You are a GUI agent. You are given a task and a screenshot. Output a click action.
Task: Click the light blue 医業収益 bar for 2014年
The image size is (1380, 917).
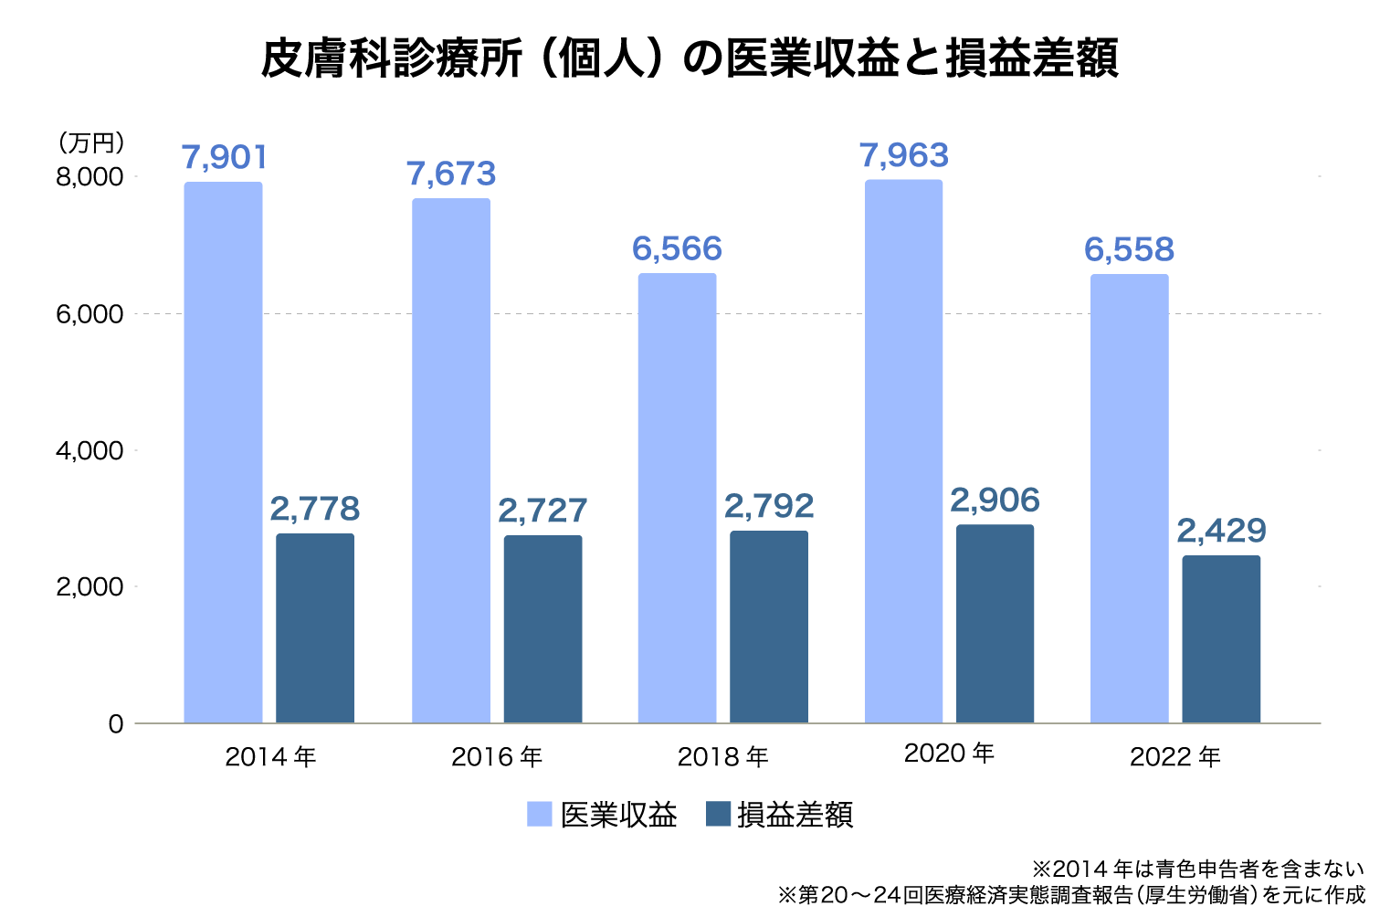(x=223, y=452)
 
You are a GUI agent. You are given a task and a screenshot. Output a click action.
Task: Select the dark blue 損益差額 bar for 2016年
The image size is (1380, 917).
(x=543, y=629)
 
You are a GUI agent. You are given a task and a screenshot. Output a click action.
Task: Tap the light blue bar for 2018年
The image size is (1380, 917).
(x=677, y=498)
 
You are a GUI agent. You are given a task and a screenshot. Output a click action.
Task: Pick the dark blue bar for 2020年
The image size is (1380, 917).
(x=995, y=624)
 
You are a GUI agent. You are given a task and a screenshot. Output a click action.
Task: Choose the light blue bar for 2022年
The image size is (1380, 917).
(x=1129, y=499)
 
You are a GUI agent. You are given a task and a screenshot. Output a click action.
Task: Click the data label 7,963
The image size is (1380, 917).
(x=904, y=156)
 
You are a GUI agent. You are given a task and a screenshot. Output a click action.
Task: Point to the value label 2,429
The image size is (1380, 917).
(x=1221, y=531)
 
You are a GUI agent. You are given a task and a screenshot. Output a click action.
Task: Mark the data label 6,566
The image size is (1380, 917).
(x=677, y=249)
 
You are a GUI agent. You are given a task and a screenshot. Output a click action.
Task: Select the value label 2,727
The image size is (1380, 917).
(x=543, y=511)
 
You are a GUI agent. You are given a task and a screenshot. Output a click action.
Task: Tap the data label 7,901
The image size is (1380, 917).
(x=225, y=158)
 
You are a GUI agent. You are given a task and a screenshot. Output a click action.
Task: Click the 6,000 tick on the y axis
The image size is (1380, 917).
(x=90, y=314)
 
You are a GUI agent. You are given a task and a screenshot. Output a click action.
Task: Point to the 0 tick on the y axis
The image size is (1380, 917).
(x=116, y=724)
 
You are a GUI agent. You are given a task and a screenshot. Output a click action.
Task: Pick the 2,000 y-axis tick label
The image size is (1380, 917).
(x=90, y=587)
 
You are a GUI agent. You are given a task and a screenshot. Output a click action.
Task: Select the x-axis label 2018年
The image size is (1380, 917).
(x=722, y=757)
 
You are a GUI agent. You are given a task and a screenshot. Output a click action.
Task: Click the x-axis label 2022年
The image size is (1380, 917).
(x=1175, y=757)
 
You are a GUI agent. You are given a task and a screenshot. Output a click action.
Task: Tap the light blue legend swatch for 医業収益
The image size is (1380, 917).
(x=540, y=814)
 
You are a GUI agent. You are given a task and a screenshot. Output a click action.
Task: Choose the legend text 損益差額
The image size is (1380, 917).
(x=795, y=815)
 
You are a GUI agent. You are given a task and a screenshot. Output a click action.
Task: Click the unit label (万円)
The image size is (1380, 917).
(x=91, y=143)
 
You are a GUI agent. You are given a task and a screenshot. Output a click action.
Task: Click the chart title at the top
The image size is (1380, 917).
(x=690, y=59)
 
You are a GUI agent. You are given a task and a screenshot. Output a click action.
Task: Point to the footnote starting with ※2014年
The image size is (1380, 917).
(x=1197, y=869)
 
